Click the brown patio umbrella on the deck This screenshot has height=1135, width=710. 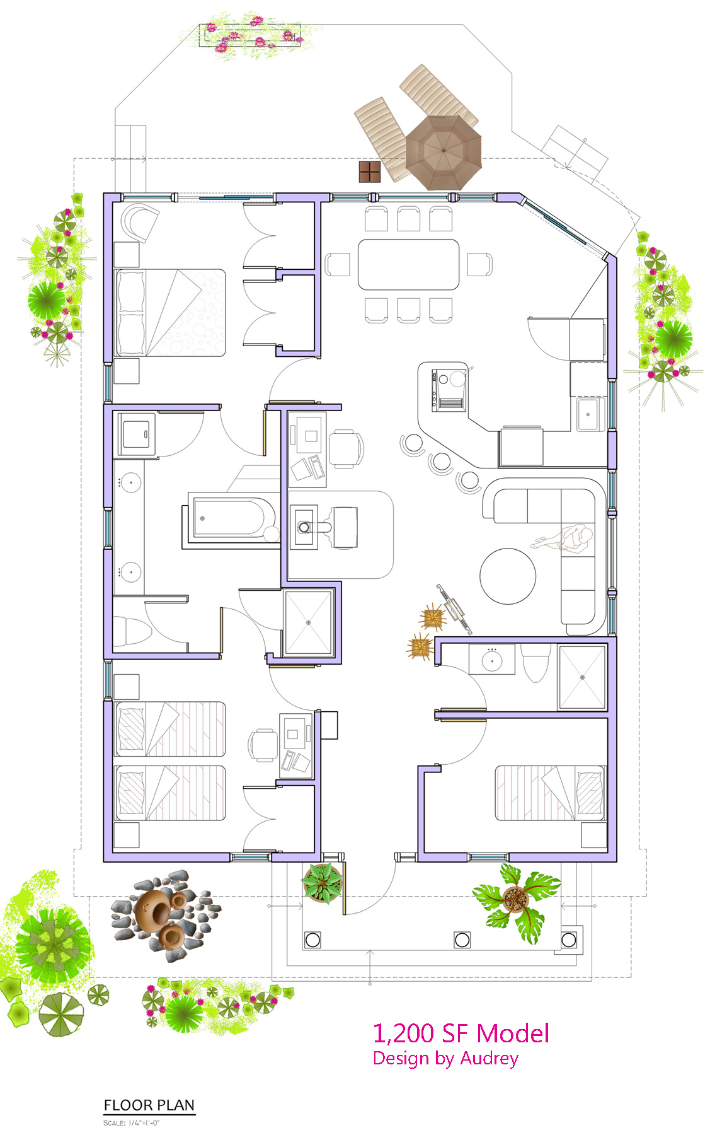444,152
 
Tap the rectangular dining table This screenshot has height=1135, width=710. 408,264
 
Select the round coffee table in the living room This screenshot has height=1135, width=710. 508,576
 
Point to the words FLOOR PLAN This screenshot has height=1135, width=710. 149,1105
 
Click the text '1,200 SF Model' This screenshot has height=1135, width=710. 461,1033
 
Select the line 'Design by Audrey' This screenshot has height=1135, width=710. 445,1059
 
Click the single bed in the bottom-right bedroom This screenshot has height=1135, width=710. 551,793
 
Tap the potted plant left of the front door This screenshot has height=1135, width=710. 322,883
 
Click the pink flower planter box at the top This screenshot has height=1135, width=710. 250,35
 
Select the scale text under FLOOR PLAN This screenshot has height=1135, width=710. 132,1122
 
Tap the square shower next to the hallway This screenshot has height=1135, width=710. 308,623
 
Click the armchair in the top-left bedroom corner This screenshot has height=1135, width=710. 139,223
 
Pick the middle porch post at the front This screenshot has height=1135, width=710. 462,940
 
